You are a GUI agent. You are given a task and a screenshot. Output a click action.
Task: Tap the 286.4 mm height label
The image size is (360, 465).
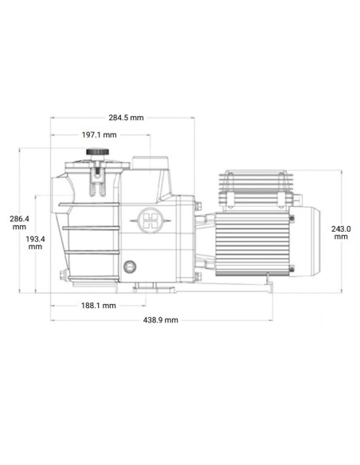(18, 222)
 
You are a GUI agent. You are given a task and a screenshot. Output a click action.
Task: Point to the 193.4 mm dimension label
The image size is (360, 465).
(35, 242)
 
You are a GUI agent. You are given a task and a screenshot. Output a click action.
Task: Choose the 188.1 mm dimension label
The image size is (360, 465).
(99, 305)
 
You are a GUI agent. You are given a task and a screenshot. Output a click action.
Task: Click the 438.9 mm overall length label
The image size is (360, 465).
(161, 319)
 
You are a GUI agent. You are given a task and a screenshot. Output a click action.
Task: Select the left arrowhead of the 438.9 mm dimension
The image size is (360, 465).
(53, 319)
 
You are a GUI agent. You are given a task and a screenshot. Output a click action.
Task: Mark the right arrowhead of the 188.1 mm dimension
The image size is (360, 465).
(144, 305)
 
